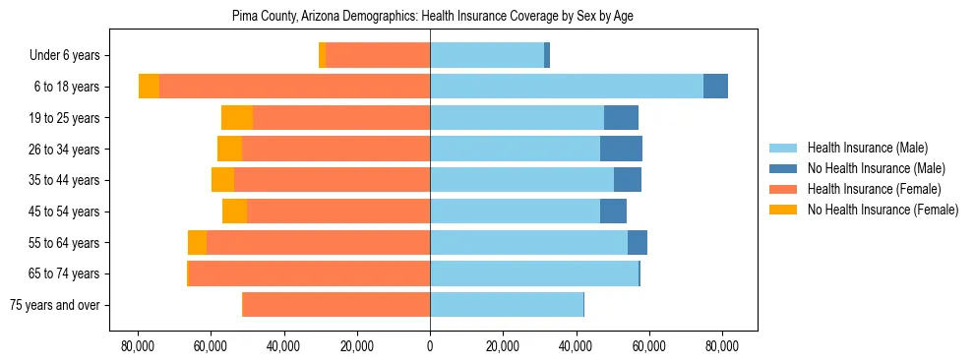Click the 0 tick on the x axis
[430, 346]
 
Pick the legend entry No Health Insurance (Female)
[883, 210]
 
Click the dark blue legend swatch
[784, 168]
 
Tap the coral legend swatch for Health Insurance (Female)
[784, 189]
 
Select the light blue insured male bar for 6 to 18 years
[566, 87]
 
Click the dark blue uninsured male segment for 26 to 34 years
[621, 149]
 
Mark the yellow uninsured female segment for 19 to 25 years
[237, 118]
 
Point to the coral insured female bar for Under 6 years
[378, 56]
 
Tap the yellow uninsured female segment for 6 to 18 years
[149, 87]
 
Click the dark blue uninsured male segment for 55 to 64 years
[638, 242]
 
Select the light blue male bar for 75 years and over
[507, 305]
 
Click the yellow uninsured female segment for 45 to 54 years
[234, 212]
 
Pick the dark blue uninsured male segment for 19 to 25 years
[621, 118]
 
